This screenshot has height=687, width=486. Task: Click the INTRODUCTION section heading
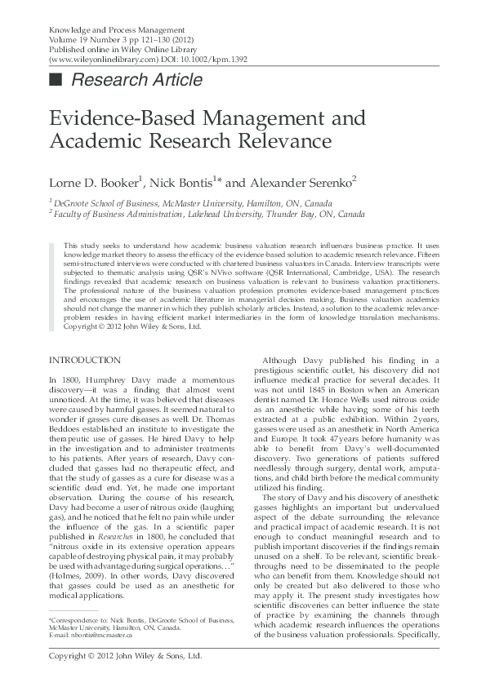click(x=85, y=360)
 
